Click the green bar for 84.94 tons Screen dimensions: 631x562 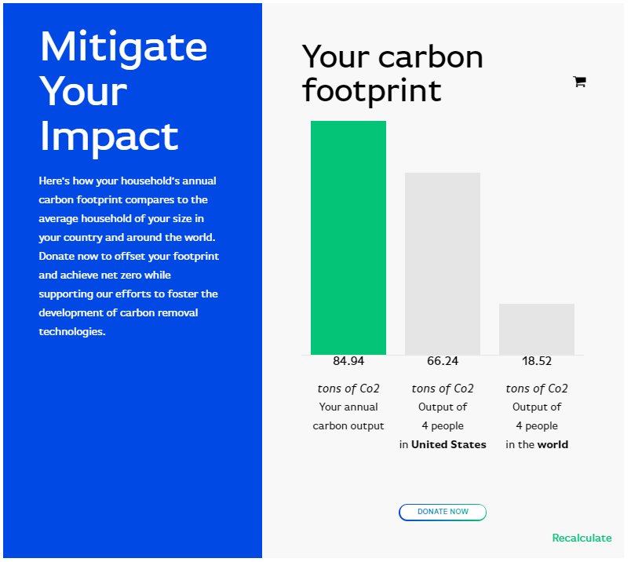click(348, 238)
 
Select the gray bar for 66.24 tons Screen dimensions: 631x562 click(443, 264)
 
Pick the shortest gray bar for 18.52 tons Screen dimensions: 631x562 click(537, 330)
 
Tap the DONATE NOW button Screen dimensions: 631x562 click(443, 512)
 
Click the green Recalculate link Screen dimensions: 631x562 click(582, 538)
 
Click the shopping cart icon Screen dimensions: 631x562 click(579, 82)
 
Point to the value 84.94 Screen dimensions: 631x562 click(348, 361)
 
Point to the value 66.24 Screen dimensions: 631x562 click(443, 361)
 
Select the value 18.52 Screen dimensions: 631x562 click(537, 361)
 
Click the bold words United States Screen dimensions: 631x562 click(448, 444)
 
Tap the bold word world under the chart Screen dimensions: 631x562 click(553, 444)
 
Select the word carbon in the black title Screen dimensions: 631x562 click(430, 57)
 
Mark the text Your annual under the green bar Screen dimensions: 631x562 click(348, 407)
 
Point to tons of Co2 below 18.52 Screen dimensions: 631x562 click(537, 388)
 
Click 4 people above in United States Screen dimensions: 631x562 click(443, 426)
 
